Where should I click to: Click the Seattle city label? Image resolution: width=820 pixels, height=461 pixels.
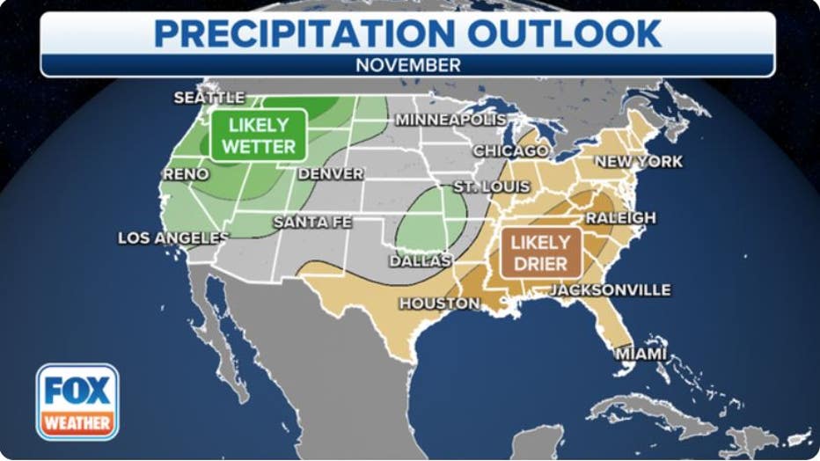coord(209,98)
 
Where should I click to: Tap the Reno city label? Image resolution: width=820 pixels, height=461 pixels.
coord(186,174)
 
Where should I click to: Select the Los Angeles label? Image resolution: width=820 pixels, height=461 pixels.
coord(173,238)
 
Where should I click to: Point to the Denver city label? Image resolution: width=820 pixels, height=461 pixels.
coord(331,174)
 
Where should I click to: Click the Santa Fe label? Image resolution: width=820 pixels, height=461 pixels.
coord(312,223)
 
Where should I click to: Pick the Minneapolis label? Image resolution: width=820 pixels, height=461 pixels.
coord(450,119)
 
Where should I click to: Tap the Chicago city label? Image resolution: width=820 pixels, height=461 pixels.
coord(511,151)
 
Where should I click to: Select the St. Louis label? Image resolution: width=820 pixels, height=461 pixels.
coord(492,187)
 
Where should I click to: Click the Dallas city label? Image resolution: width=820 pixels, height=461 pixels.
coord(420,261)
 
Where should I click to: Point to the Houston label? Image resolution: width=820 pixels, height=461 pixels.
coord(440,304)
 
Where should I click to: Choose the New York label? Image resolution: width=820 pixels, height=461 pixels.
coord(639,162)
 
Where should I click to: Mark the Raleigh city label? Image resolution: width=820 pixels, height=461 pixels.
coord(620,217)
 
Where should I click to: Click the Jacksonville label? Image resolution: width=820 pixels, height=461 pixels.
coord(611,289)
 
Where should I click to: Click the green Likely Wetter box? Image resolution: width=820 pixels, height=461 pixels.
coord(258,135)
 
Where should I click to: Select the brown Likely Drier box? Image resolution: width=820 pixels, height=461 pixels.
coord(540,252)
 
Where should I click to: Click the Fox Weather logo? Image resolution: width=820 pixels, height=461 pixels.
coord(77,401)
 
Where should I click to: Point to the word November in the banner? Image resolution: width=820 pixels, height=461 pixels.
coord(407,65)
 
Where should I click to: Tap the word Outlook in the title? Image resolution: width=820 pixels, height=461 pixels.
coord(565,33)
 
